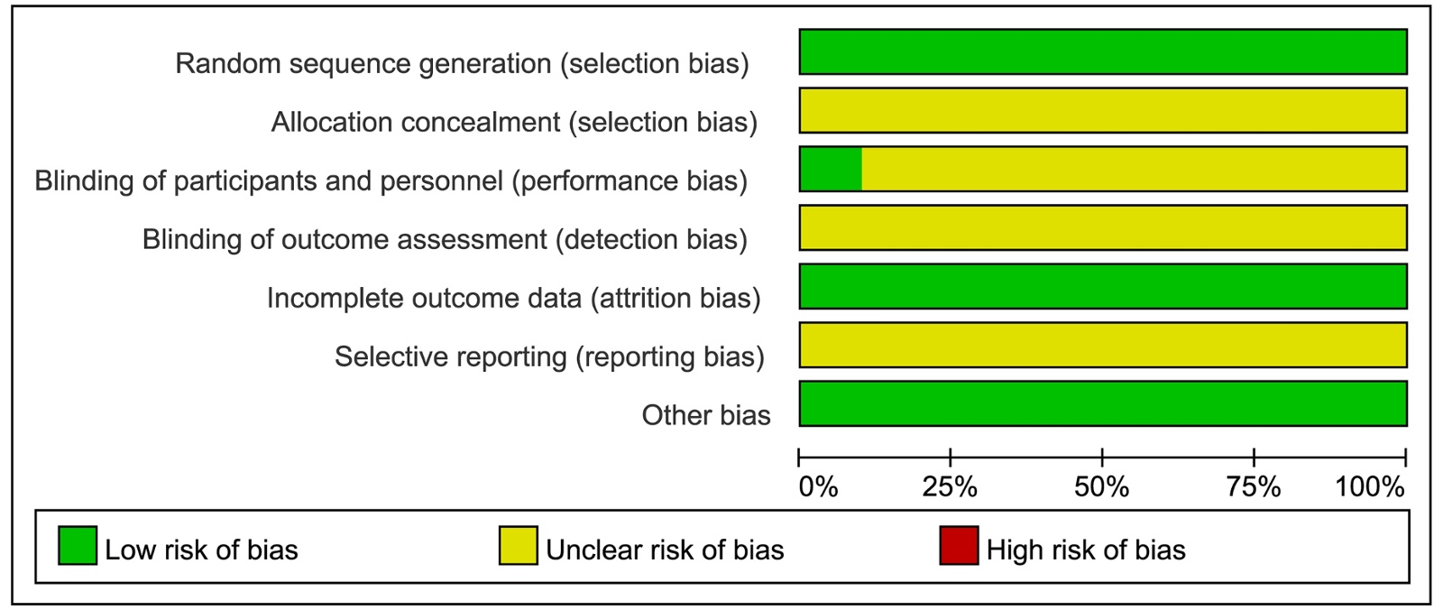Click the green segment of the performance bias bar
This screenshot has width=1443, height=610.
click(x=831, y=169)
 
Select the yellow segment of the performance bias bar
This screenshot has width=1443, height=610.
click(x=1135, y=169)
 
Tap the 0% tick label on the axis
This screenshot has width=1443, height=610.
click(x=818, y=487)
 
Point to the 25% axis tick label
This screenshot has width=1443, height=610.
click(x=950, y=487)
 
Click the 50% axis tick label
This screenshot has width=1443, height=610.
click(x=1101, y=487)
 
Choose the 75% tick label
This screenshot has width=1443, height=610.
click(x=1253, y=487)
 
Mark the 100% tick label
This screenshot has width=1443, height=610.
click(x=1370, y=487)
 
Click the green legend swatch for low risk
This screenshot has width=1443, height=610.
click(x=78, y=546)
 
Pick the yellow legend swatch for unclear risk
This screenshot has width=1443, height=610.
click(x=519, y=546)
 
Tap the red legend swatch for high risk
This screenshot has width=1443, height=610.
click(x=960, y=546)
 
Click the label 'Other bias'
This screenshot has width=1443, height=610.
click(x=706, y=415)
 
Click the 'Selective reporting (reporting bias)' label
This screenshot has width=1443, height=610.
click(x=549, y=356)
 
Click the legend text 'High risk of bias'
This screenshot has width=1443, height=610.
click(x=1086, y=550)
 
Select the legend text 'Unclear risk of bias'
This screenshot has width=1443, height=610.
click(x=666, y=550)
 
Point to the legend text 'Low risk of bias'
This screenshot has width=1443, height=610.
click(x=202, y=550)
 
